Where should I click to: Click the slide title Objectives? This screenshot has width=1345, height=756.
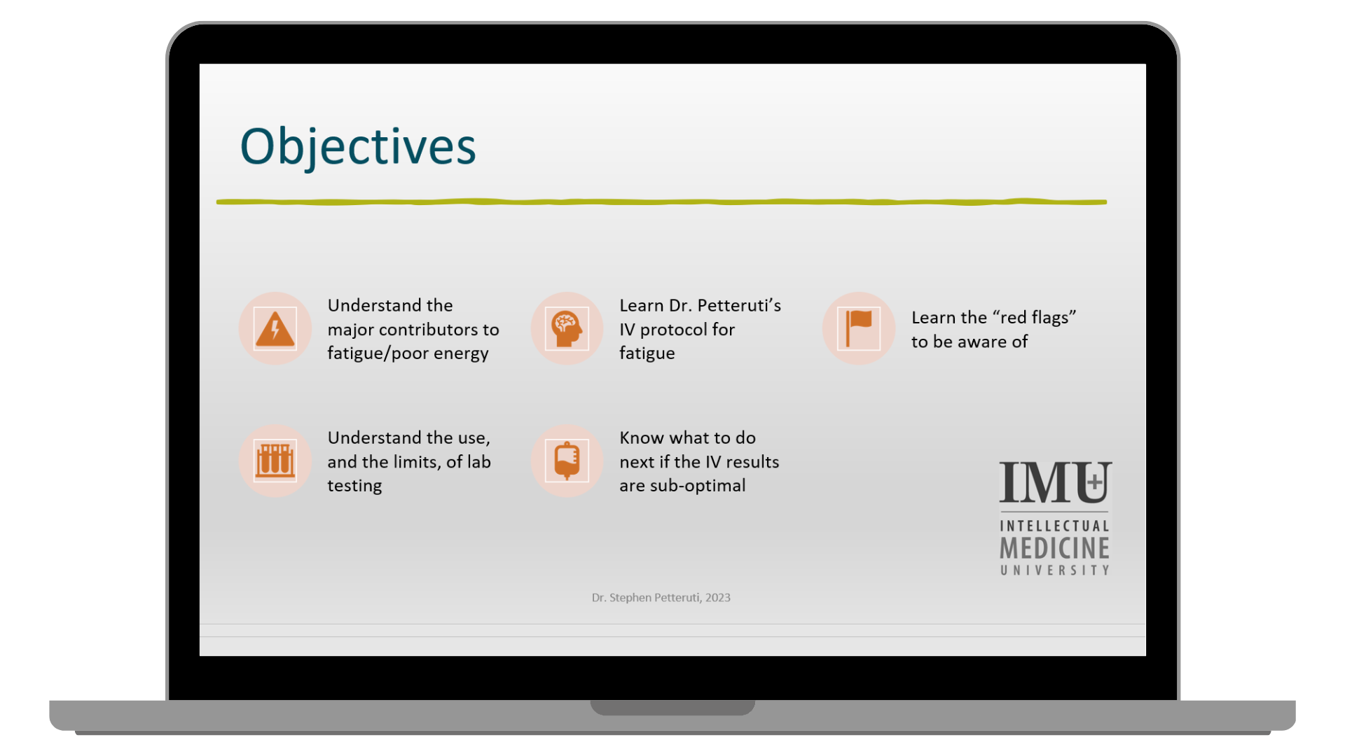coord(358,146)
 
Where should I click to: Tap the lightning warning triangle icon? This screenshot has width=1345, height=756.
coord(275,328)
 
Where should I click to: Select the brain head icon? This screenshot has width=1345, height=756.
coord(567,328)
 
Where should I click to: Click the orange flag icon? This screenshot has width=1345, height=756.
coord(859,328)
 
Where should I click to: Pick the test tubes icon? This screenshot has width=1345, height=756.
coord(275,461)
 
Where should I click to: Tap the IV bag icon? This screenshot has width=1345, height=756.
coord(567,461)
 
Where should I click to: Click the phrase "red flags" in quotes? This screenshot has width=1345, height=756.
coord(1033,318)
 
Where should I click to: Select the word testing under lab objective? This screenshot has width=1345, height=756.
coord(354,486)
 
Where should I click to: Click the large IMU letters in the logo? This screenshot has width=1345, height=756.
coord(1055,482)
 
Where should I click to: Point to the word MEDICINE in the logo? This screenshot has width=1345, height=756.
coord(1055,548)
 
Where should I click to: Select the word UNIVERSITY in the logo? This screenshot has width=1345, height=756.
coord(1055,570)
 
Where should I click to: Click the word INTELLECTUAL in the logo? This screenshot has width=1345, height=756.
coord(1055,526)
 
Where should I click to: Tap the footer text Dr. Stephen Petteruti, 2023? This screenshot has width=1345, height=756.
coord(661,598)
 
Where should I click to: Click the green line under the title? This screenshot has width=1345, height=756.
coord(661,202)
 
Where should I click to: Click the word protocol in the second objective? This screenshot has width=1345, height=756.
coord(687,330)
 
